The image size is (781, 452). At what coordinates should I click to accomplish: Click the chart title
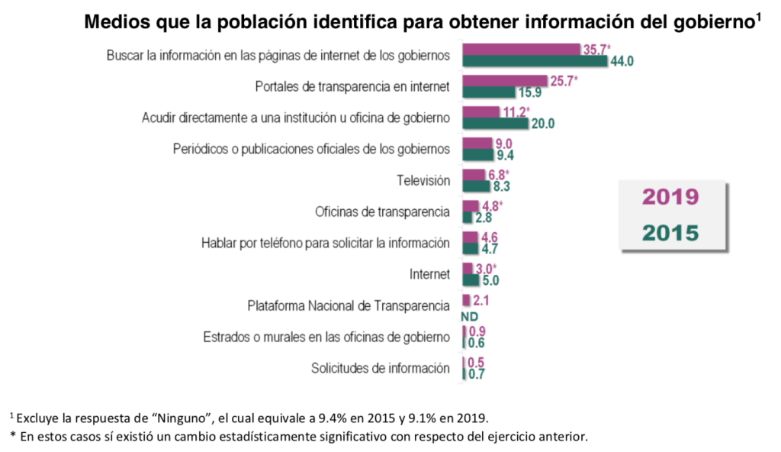point(423,21)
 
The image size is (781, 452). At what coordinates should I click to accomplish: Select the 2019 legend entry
point(670,197)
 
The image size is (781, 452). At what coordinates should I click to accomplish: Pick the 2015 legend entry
point(670,233)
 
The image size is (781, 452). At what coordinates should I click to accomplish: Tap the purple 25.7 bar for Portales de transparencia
point(505,80)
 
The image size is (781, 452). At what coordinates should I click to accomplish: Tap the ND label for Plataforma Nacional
point(469,315)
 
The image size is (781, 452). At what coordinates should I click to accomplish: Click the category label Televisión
point(423,180)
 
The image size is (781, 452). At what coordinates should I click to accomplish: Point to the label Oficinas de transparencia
point(382,211)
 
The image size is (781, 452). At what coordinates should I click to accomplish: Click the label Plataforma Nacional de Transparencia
point(348,305)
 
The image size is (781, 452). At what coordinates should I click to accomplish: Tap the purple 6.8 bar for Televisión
point(474,174)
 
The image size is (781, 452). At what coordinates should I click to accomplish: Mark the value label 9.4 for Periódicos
point(504,155)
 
